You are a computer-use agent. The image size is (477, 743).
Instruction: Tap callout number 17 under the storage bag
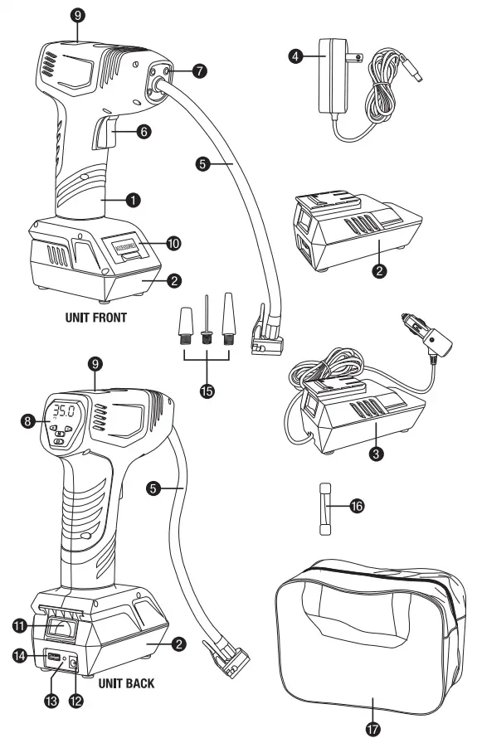tap(372, 728)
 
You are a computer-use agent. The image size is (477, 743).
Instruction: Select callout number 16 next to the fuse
tap(358, 504)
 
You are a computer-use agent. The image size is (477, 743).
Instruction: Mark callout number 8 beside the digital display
tap(29, 420)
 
